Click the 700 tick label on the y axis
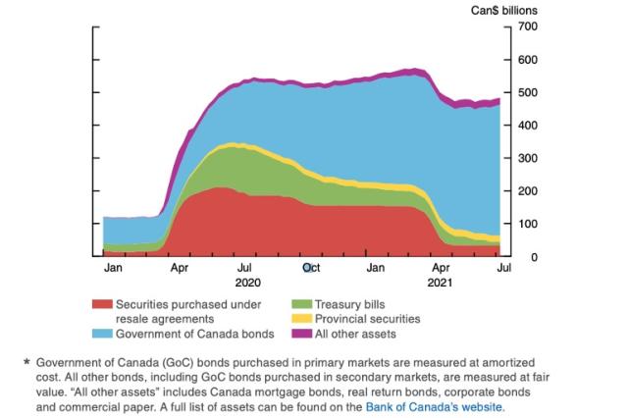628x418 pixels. coord(527,26)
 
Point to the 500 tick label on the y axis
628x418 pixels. coord(527,92)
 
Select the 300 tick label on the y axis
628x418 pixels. coord(527,158)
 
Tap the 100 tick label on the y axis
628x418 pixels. coord(527,224)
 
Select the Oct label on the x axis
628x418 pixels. coord(310,267)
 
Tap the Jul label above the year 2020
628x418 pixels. coord(244,267)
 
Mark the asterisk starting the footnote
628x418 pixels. coord(26,362)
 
